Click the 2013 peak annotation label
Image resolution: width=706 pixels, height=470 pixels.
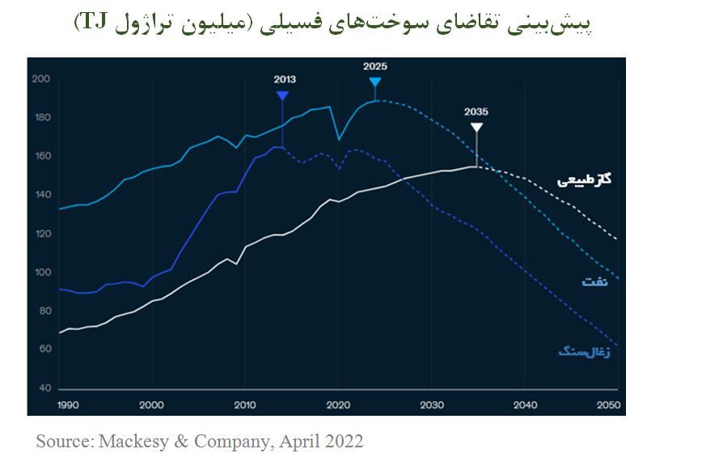coord(285,79)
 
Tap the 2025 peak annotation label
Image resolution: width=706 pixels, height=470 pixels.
coord(374,66)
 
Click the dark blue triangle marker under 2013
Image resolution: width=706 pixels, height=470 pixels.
coord(282,95)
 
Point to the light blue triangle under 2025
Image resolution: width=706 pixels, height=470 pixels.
coord(374,82)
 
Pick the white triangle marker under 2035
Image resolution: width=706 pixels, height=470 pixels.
coord(476,127)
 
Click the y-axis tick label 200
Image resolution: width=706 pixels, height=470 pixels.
coord(41,78)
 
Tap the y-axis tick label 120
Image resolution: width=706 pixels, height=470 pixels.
coord(41,234)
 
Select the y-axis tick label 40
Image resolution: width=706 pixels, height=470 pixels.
coord(44,388)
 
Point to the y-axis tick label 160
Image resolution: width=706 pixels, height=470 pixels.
coord(41,156)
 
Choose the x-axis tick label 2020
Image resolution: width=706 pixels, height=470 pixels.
coord(338,404)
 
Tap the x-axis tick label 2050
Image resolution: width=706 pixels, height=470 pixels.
coord(608,404)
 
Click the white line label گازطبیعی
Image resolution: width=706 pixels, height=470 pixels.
coord(584,178)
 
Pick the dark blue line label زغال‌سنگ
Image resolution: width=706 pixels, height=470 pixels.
coord(584,350)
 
